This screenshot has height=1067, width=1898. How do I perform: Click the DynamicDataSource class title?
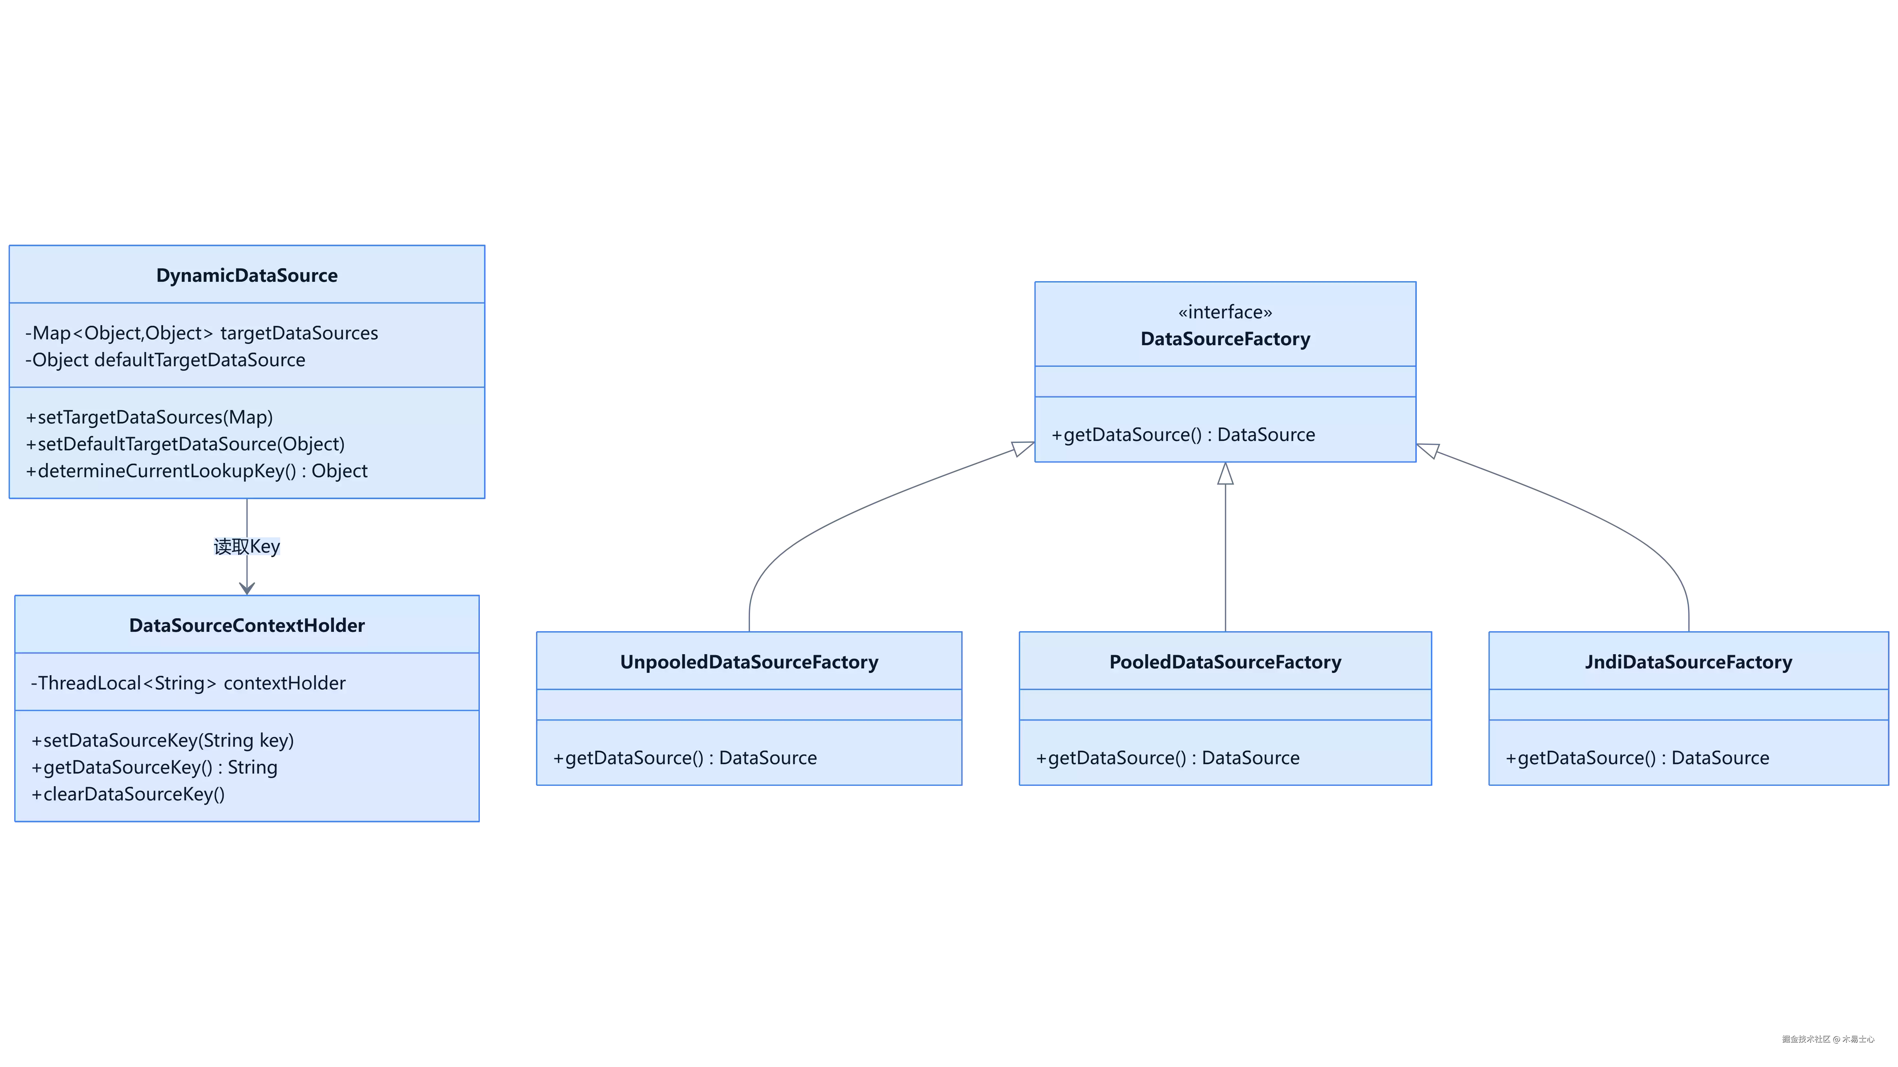pos(247,276)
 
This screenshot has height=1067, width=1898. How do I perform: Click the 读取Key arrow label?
pos(247,547)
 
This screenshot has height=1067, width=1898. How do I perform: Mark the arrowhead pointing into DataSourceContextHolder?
pos(247,588)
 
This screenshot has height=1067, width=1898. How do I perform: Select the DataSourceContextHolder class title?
pos(247,626)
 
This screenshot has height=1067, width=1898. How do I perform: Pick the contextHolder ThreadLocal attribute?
pos(188,683)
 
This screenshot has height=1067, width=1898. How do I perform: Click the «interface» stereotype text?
pos(1225,313)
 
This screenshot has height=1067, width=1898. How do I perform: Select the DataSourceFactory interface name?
pos(1225,339)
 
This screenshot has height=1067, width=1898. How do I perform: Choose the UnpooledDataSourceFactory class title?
pos(749,663)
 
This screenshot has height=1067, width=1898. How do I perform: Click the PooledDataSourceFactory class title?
pos(1225,663)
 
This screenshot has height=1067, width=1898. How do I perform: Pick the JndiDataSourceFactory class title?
pos(1689,663)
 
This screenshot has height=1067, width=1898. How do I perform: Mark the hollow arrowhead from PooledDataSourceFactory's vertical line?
pos(1225,474)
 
